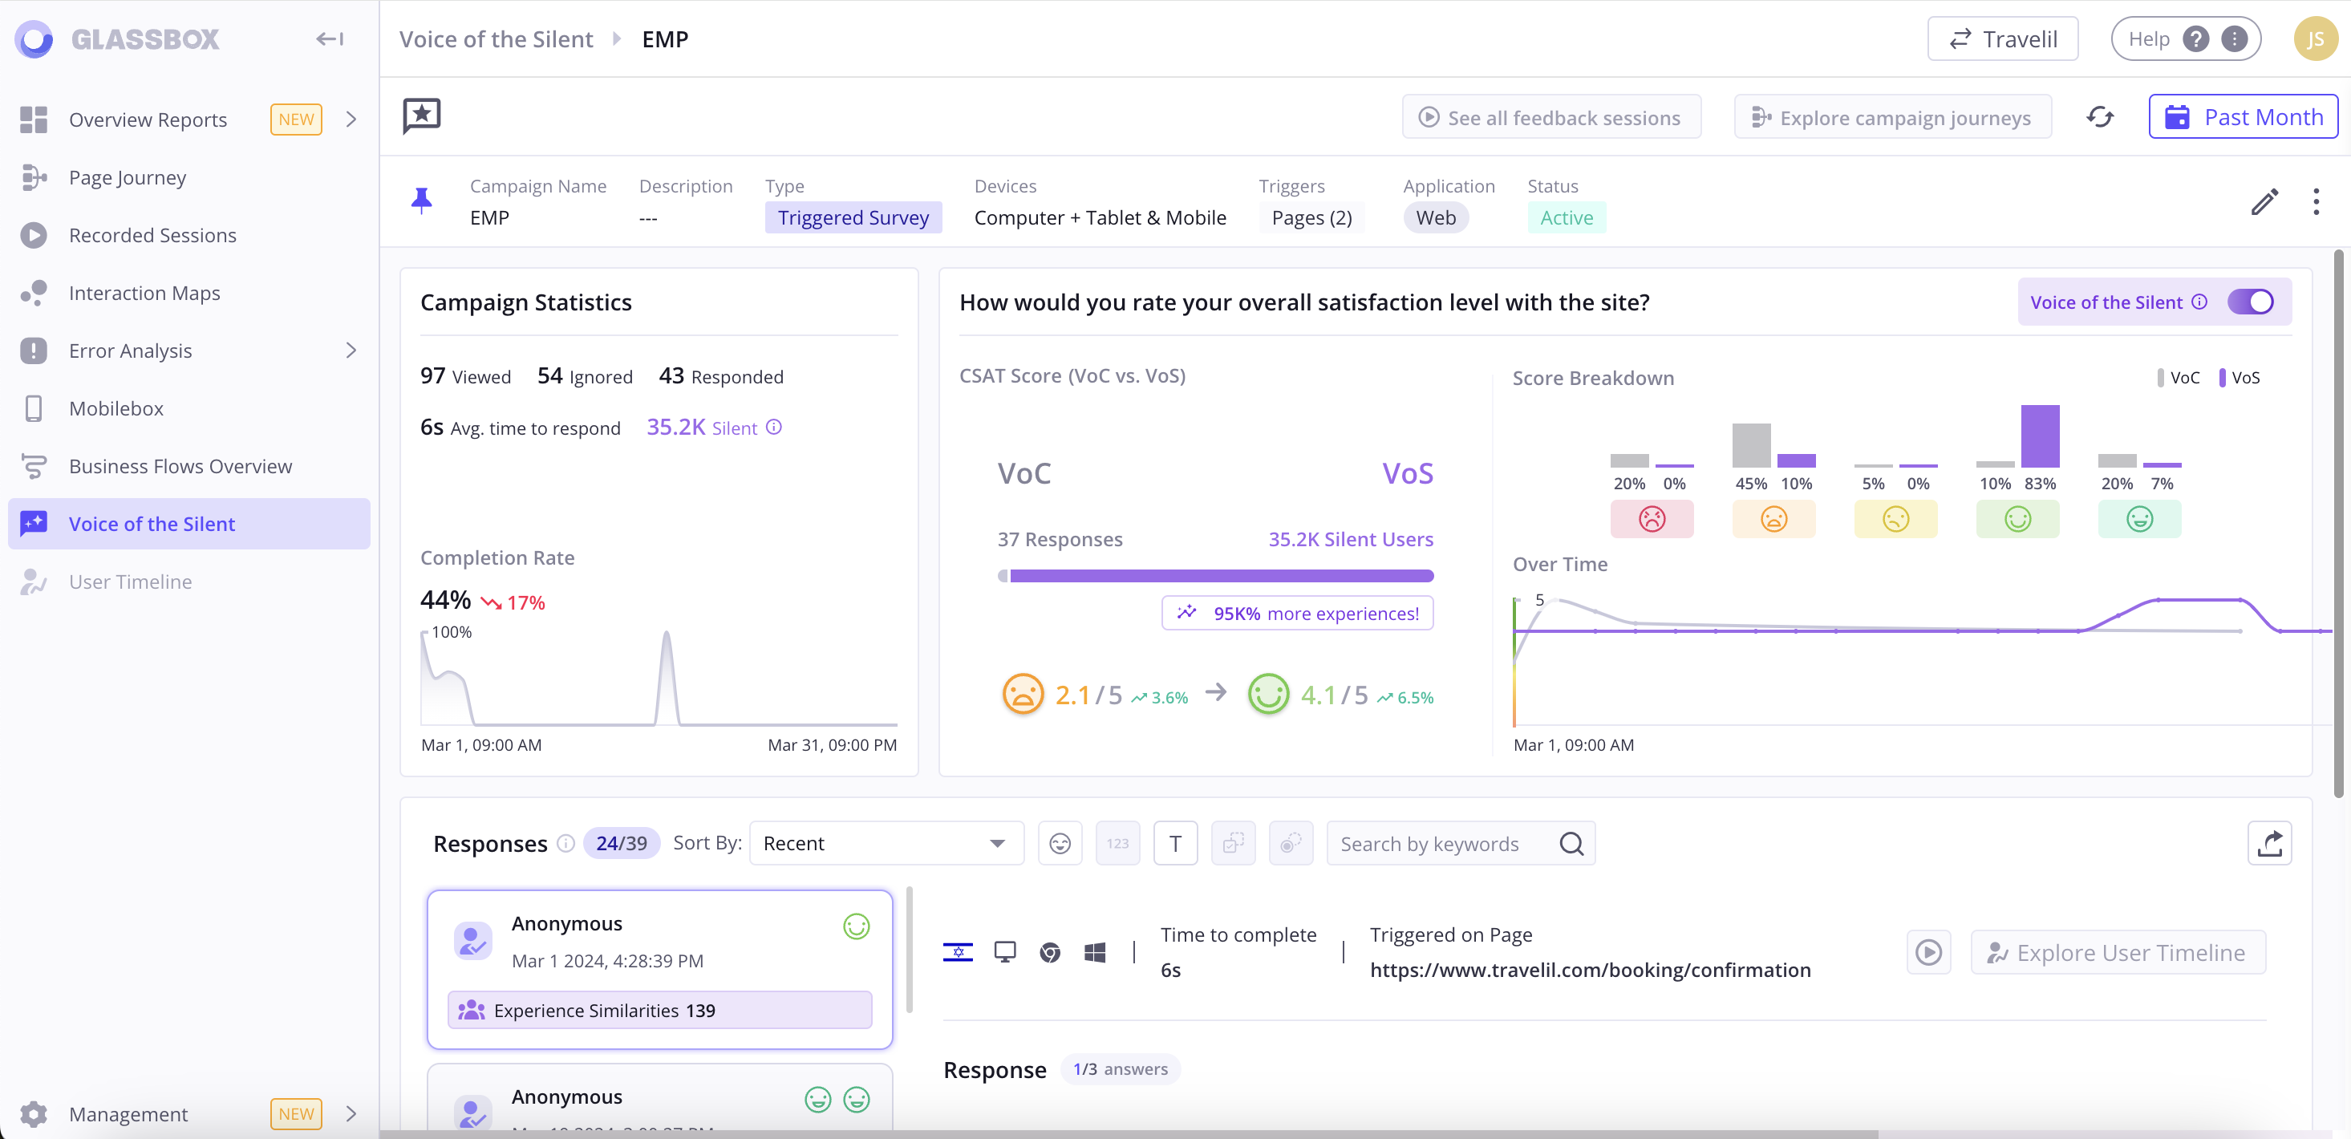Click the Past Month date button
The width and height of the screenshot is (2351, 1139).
coord(2243,117)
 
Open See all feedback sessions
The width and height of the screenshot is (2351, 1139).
coord(1550,117)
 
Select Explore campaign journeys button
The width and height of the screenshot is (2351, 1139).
coord(1892,117)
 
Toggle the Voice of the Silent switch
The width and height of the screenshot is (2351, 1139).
coord(2250,302)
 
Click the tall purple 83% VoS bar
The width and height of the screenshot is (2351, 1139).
coord(2040,436)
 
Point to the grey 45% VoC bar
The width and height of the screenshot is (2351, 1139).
coord(1750,445)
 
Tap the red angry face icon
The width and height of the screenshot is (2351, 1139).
coord(1651,519)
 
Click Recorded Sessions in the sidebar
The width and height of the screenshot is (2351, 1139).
coord(152,236)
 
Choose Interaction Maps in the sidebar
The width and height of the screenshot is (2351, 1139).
coord(144,293)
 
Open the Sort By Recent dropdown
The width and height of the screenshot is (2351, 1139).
coord(886,843)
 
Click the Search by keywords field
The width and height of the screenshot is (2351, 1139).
coord(1446,844)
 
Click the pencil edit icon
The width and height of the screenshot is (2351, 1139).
coord(2264,201)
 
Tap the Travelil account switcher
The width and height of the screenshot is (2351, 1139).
coord(2002,39)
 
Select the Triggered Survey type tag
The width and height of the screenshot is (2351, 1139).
coord(853,217)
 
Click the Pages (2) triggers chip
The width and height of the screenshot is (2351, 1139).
coord(1311,217)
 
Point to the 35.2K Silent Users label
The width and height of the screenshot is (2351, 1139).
coord(1350,539)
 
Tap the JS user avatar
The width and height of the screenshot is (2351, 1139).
coord(2313,39)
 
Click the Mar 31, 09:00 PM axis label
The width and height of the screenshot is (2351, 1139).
coord(832,744)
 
